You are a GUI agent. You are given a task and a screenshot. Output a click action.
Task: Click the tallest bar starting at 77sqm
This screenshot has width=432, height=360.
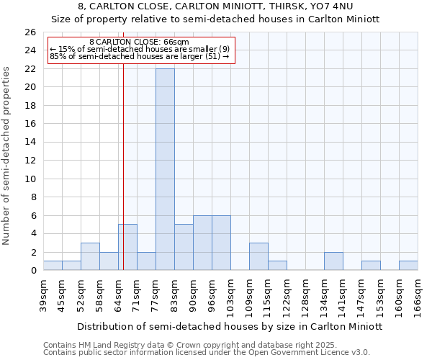165,169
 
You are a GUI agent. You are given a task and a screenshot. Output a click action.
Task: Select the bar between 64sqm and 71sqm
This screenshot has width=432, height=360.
127,247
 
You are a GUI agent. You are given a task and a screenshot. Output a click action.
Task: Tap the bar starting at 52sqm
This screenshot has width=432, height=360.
90,256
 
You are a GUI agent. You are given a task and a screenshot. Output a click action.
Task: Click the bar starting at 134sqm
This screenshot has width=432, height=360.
333,261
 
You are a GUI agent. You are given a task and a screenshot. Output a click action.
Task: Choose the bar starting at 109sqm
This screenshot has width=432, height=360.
258,256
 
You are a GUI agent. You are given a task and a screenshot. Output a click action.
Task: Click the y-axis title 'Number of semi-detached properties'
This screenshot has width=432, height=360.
7,156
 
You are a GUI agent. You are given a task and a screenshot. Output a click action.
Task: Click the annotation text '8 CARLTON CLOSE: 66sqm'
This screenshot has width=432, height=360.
139,42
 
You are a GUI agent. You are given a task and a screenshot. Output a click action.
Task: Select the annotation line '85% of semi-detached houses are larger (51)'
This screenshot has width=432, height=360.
139,56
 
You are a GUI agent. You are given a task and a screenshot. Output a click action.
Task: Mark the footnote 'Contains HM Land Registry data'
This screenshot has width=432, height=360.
108,345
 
